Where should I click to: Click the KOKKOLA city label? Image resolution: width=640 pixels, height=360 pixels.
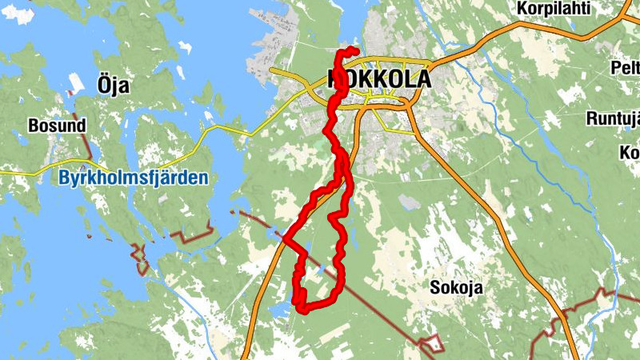(379, 79)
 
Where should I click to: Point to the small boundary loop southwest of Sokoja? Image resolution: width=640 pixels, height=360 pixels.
(431, 343)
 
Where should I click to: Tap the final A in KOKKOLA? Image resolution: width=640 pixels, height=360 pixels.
(422, 79)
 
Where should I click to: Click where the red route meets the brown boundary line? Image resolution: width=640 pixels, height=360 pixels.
(285, 237)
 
